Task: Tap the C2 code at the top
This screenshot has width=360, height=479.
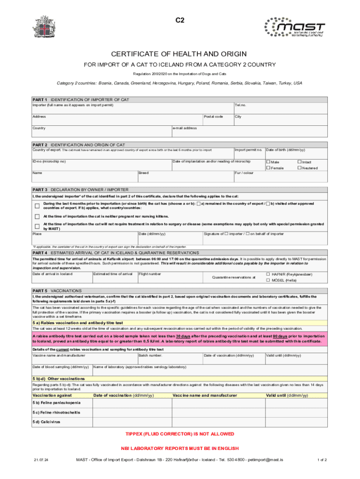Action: pyautogui.click(x=180, y=21)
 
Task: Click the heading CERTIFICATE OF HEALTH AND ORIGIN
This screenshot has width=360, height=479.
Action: pyautogui.click(x=180, y=54)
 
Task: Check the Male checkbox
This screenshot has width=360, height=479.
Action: pyautogui.click(x=268, y=162)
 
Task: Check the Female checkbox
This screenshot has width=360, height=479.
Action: pyautogui.click(x=268, y=168)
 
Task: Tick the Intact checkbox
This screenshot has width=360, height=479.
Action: pyautogui.click(x=300, y=162)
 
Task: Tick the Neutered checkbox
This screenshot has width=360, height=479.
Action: pyautogui.click(x=300, y=168)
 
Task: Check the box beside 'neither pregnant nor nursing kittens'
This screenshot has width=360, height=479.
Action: pyautogui.click(x=37, y=217)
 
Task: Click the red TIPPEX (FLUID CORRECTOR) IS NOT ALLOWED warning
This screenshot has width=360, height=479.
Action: pyautogui.click(x=180, y=434)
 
